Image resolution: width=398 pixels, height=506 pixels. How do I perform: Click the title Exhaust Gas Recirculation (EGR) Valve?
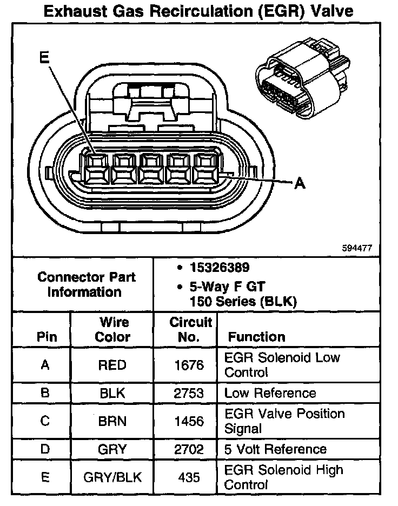point(199,12)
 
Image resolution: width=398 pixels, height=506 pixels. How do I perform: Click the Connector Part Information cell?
point(87,284)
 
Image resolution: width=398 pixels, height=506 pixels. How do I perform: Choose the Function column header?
point(256,337)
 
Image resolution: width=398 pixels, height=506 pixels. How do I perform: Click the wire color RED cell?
point(112,365)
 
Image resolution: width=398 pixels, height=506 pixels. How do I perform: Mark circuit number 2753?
point(189,394)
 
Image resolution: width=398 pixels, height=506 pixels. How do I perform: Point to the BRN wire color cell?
point(112,421)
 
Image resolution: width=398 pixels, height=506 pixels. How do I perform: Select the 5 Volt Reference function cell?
point(275,449)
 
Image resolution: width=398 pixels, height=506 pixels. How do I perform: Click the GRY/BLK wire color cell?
point(112,477)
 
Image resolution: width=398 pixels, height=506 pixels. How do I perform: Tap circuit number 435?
point(189,477)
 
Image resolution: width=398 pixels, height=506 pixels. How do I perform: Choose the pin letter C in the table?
point(45,421)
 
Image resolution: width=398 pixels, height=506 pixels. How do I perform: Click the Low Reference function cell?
point(270,393)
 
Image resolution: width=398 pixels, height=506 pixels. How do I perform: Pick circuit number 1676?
point(189,365)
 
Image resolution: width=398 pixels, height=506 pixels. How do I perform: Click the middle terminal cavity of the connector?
point(152,168)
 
